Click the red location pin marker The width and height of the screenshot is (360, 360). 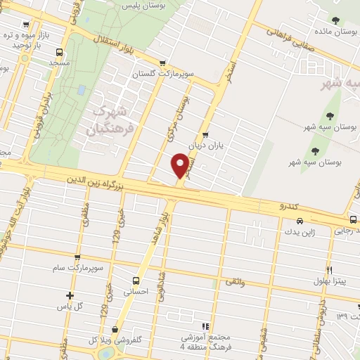pyautogui.click(x=181, y=165)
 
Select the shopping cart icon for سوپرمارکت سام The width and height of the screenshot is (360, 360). pyautogui.click(x=77, y=258)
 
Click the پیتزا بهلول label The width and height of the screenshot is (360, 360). pyautogui.click(x=329, y=281)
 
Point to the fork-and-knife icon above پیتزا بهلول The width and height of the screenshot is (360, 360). pyautogui.click(x=328, y=269)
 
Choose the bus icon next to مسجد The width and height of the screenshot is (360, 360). pyautogui.click(x=59, y=52)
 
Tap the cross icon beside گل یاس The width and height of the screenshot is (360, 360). pyautogui.click(x=68, y=296)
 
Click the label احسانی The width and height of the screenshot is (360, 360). pyautogui.click(x=136, y=292)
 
